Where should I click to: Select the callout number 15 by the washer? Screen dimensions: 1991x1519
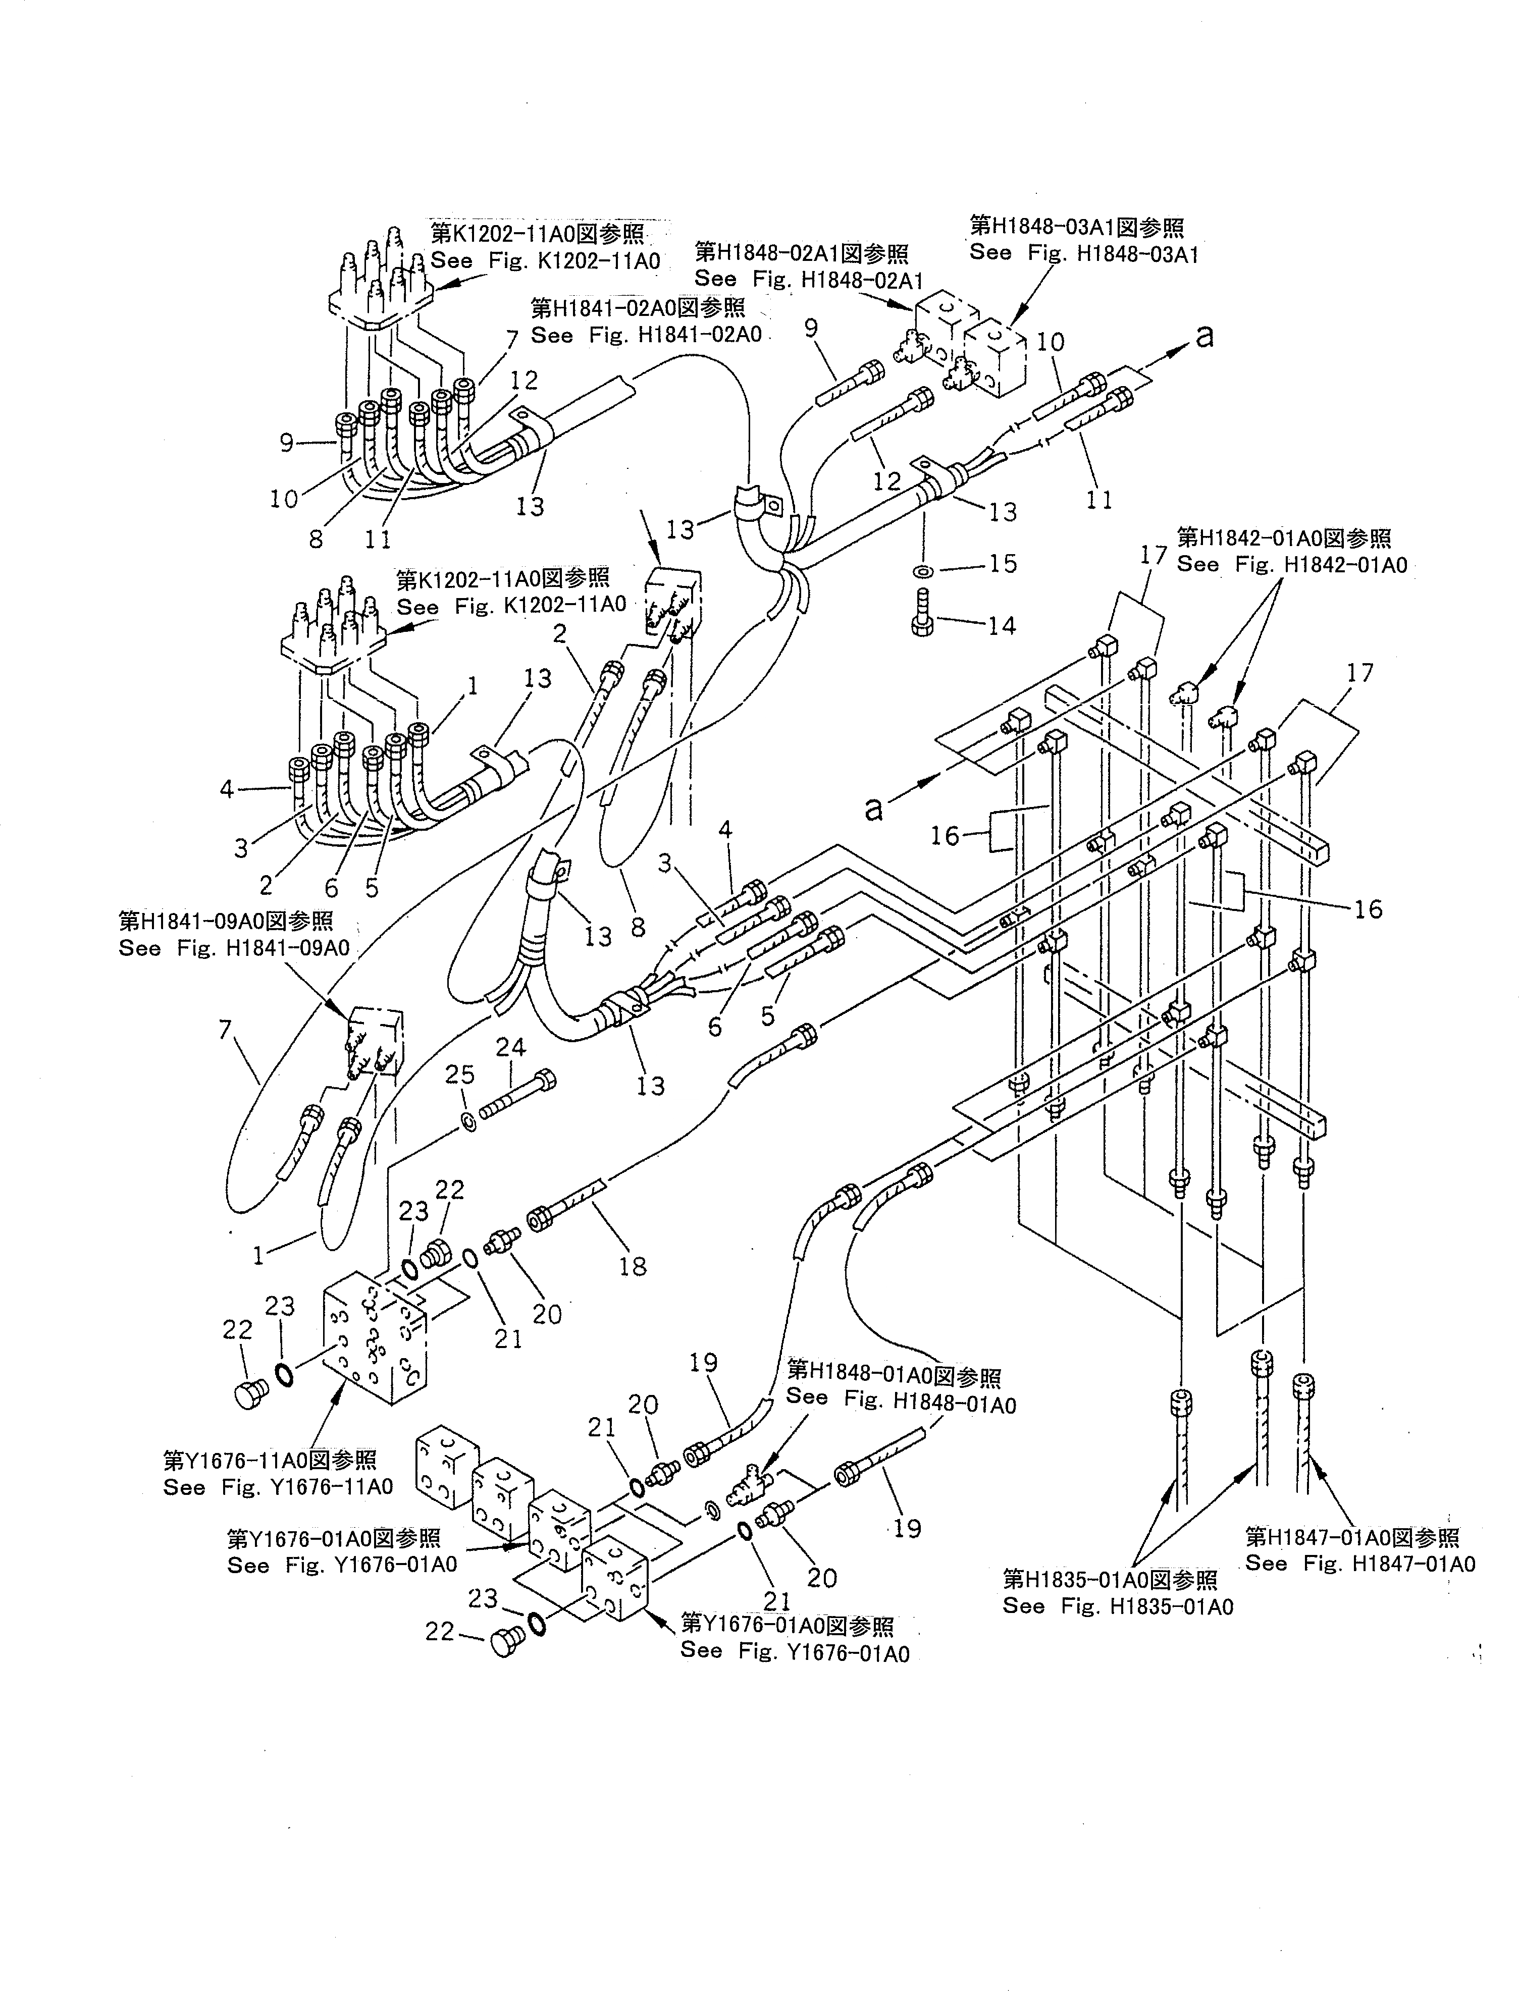tap(1003, 563)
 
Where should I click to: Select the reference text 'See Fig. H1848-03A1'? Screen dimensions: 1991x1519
tap(1083, 254)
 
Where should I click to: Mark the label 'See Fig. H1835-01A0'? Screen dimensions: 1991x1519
tap(1118, 1606)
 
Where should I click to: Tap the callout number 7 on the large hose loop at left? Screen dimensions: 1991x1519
tap(225, 1030)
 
